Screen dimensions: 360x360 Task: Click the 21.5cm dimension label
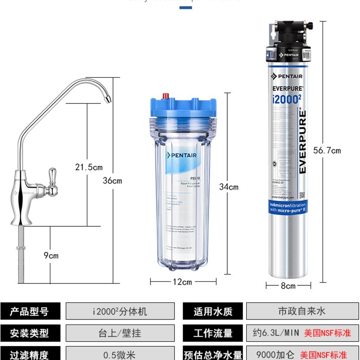89,167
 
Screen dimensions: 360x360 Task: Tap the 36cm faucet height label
112,181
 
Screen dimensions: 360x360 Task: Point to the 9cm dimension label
51,256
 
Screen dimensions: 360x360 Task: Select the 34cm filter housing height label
229,187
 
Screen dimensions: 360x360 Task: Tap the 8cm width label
288,286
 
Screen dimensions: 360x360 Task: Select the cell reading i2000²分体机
120,311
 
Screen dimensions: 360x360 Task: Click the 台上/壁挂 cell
120,333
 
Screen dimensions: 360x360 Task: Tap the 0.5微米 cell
120,354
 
